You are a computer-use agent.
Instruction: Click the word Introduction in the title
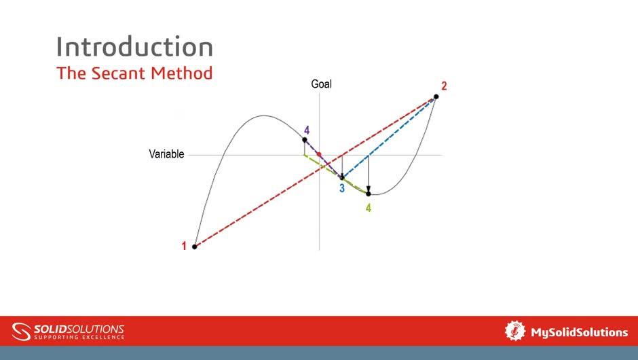click(134, 47)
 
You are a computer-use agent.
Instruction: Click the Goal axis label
click(321, 84)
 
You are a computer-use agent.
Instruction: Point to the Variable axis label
click(166, 154)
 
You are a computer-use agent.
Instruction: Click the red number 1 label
click(184, 247)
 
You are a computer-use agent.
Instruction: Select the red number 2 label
click(444, 86)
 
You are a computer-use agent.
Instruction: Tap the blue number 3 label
click(342, 189)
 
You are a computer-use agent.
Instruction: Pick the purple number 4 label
click(307, 130)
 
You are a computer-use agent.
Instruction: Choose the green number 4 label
click(369, 209)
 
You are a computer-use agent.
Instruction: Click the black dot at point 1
click(195, 247)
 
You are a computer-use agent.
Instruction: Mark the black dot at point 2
click(436, 96)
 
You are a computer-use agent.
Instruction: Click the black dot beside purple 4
click(305, 140)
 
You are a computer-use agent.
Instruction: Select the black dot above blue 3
click(342, 178)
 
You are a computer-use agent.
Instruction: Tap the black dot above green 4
click(369, 194)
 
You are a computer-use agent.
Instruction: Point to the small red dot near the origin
click(319, 154)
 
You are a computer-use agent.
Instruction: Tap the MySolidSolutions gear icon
click(515, 331)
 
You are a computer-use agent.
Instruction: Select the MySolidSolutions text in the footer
click(579, 332)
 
